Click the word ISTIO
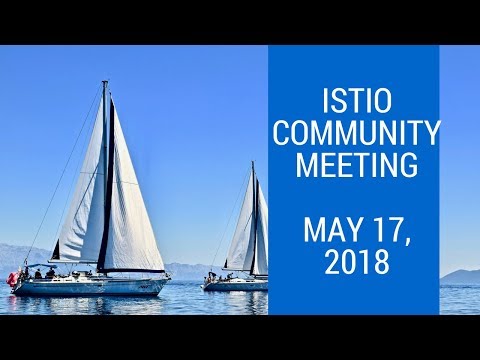[x=354, y=100]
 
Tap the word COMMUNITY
[x=354, y=132]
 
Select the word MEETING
[x=354, y=164]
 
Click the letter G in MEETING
[x=406, y=164]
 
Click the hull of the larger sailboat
[x=90, y=287]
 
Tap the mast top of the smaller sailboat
[x=252, y=162]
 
